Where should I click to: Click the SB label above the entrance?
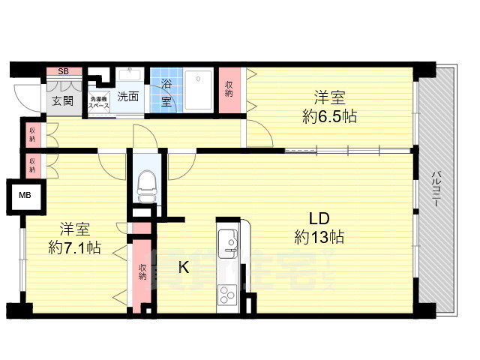coord(63,71)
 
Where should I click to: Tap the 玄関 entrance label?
coord(62,100)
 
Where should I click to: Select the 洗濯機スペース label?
coord(99,103)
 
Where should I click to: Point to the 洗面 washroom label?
coord(128,96)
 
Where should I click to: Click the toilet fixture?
coord(145,181)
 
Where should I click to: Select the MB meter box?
coord(25,196)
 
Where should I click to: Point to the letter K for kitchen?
coord(182,266)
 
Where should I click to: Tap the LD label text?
coord(319,219)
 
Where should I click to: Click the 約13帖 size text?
coord(319,238)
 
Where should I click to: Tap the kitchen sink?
coord(226,243)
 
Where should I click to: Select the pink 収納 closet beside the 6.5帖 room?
coord(229,91)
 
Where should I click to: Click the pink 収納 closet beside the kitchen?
coord(142,271)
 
